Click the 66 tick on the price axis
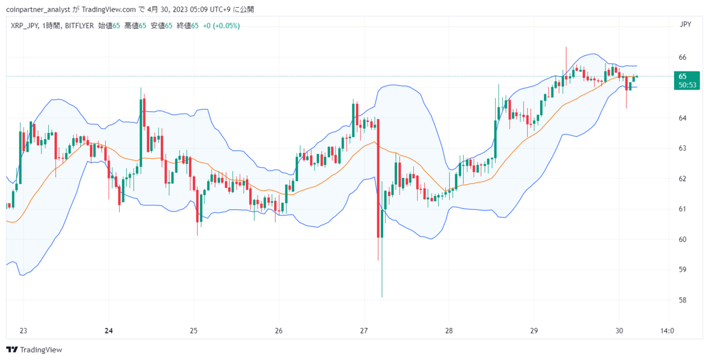(682, 57)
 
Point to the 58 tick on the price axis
(682, 300)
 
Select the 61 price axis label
(682, 209)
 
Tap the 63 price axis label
(682, 148)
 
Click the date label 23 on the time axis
(23, 331)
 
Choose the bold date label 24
(109, 331)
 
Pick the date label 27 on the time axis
(364, 331)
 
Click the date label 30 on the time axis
(619, 331)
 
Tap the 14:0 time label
(667, 331)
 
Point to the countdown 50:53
(687, 85)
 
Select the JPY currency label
(685, 24)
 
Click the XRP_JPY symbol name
(24, 26)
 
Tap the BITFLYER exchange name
(79, 26)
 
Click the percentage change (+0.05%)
(227, 26)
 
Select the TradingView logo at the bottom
(34, 349)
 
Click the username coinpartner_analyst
(38, 9)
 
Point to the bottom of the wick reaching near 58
(382, 297)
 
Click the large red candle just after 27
(378, 178)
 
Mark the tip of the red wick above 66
(566, 47)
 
